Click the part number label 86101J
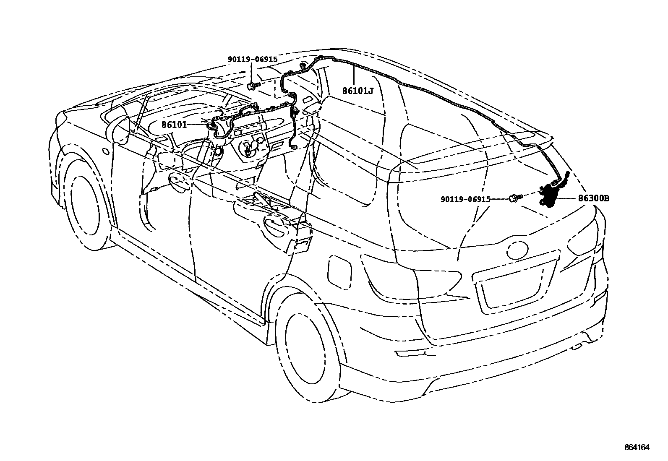tap(357, 90)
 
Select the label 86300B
tap(593, 199)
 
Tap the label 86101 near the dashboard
tap(174, 124)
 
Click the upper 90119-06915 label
tap(253, 60)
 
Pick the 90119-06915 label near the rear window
tap(465, 200)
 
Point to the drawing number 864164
tap(637, 448)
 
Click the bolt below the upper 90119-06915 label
tap(252, 86)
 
